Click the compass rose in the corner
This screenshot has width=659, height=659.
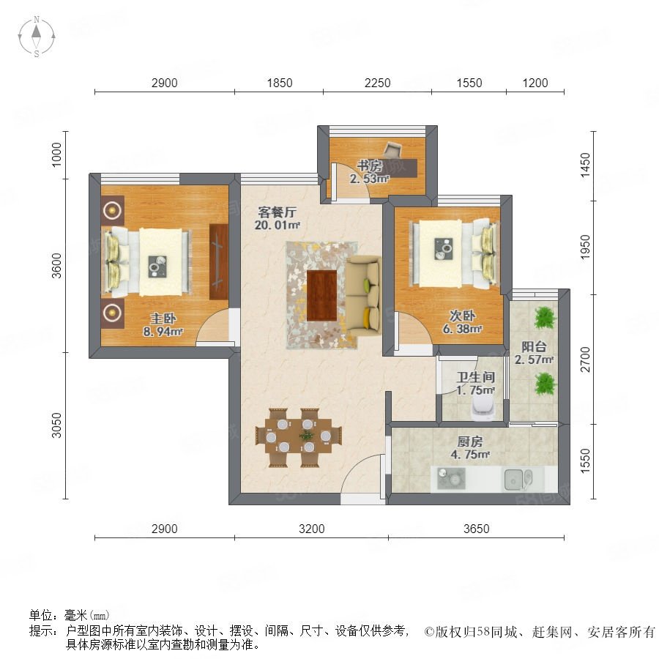(37, 37)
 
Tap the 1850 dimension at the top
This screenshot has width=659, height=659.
(280, 83)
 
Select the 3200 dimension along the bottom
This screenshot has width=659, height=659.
(311, 528)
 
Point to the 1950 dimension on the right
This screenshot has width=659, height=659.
(584, 247)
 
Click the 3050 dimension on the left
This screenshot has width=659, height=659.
(56, 425)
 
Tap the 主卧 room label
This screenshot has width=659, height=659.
(163, 319)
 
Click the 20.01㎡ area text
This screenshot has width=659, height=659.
(277, 225)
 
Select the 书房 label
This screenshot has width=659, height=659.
(370, 165)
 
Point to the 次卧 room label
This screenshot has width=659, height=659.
(462, 315)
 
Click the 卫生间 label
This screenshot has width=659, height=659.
(476, 376)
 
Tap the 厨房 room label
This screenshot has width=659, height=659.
(470, 442)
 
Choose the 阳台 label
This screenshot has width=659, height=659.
(534, 346)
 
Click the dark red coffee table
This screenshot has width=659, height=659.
(321, 295)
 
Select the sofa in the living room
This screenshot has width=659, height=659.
(363, 296)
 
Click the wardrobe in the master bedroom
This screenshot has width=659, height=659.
(218, 262)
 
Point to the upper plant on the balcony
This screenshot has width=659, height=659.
(545, 318)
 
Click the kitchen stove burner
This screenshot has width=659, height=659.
(451, 479)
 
